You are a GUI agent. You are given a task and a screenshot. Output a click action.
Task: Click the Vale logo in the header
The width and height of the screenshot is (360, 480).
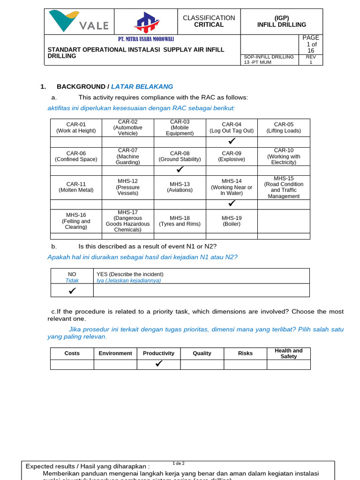[79, 21]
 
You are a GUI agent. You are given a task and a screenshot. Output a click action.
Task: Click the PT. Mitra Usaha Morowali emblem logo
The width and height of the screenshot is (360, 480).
[147, 22]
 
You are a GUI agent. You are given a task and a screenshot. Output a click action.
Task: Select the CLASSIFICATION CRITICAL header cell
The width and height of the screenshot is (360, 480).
[209, 21]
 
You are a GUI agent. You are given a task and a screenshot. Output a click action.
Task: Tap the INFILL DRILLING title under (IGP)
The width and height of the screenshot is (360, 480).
[282, 25]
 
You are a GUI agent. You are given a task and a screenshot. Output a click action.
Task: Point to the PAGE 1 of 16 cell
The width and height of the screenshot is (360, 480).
[310, 44]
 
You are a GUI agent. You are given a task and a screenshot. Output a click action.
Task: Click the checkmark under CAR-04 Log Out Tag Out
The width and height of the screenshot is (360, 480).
[232, 142]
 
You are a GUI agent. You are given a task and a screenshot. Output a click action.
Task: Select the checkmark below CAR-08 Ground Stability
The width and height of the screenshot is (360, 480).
[180, 170]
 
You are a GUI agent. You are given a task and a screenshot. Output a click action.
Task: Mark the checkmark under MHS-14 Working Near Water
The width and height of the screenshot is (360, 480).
[232, 204]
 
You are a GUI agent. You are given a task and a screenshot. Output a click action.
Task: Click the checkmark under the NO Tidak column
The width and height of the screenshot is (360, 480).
[72, 291]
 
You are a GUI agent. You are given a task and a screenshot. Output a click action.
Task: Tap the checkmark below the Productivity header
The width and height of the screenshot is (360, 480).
[158, 364]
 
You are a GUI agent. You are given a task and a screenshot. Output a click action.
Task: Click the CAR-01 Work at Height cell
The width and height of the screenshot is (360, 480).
[76, 127]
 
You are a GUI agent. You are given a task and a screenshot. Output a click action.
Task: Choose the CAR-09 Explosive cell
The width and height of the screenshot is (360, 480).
[232, 156]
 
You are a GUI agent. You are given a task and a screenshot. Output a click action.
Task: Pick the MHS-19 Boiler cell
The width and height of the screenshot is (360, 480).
[232, 221]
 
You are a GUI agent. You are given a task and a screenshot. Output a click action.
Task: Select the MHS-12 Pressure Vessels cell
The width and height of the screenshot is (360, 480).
[128, 187]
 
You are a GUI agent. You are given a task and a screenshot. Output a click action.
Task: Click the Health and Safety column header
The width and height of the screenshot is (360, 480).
[288, 353]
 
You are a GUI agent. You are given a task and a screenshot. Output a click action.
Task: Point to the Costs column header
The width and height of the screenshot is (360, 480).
[72, 353]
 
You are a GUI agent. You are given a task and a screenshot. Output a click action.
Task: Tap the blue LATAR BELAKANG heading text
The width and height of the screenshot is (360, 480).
[142, 87]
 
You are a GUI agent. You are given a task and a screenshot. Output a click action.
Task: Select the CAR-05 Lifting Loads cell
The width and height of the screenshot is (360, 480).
[284, 127]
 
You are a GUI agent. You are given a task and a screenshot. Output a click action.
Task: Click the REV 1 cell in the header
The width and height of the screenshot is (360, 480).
[311, 60]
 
